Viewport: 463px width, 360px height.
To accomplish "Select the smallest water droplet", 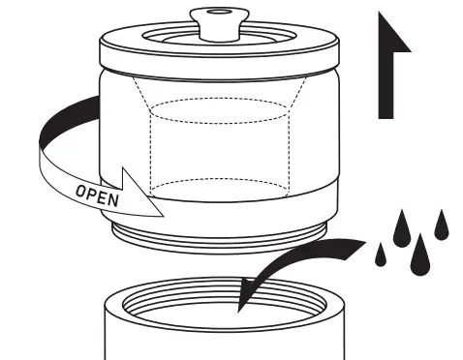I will pyautogui.click(x=380, y=255).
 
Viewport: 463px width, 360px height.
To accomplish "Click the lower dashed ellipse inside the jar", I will pyautogui.click(x=223, y=184).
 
